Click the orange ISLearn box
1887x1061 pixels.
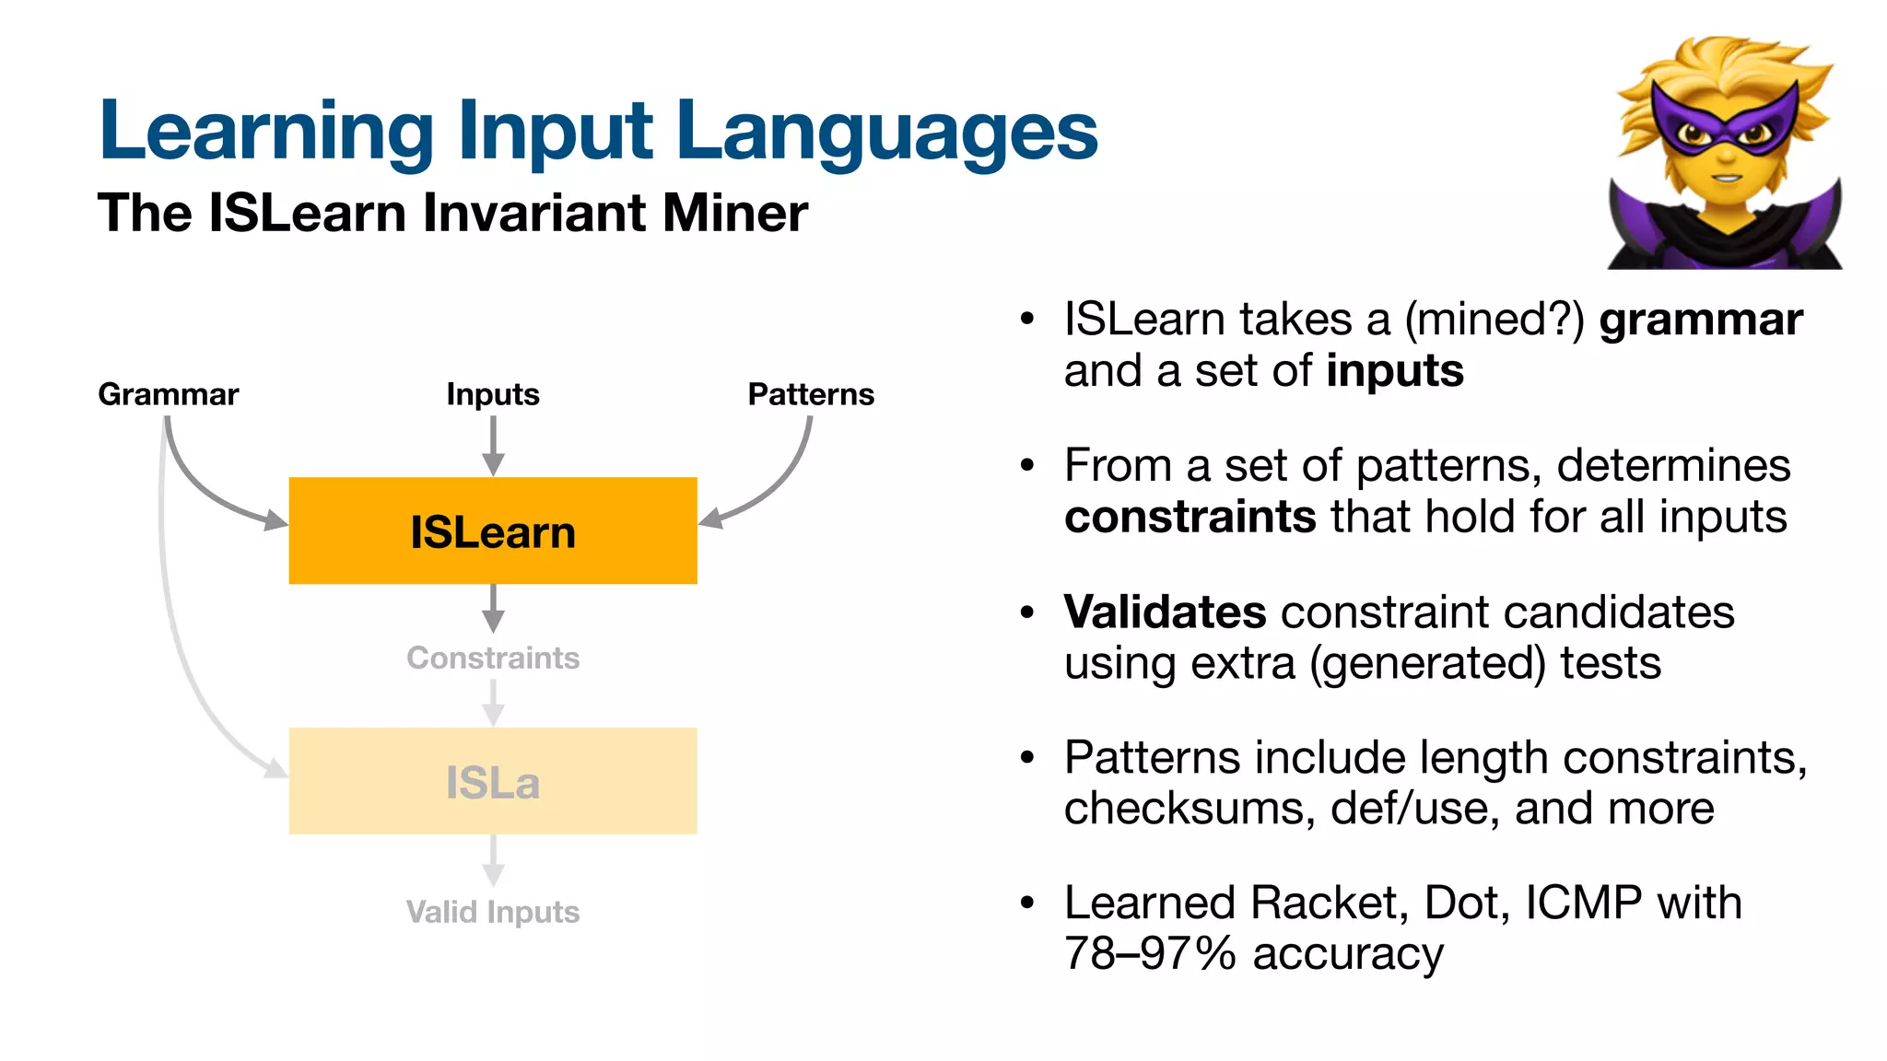coord(493,530)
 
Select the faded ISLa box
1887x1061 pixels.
coord(493,781)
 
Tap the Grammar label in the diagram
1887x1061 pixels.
coord(169,394)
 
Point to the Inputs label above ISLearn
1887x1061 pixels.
coord(493,394)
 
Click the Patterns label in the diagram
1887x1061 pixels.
coord(811,394)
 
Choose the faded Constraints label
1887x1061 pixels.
coord(493,658)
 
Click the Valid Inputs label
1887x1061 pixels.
coord(493,912)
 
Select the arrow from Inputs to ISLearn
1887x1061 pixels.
coord(493,446)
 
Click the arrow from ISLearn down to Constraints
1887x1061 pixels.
coord(493,608)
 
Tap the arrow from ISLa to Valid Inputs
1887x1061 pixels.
coord(493,860)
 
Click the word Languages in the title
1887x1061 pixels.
coord(886,132)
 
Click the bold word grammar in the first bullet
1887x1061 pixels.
coord(1700,321)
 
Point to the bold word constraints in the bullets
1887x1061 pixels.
coord(1190,517)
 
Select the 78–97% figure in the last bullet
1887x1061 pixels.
coord(1149,954)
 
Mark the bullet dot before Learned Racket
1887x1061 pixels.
coord(1028,903)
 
